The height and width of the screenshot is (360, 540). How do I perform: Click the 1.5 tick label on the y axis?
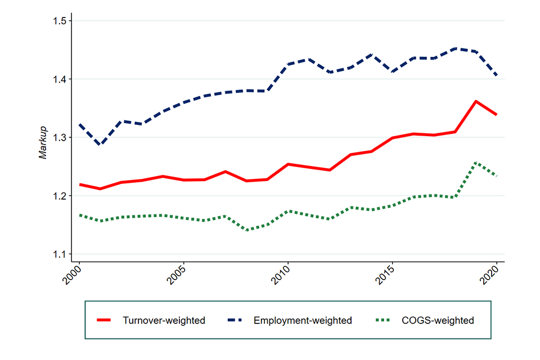(59, 21)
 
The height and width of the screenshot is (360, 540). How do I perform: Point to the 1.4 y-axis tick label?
(59, 79)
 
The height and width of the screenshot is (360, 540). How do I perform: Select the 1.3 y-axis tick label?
(59, 138)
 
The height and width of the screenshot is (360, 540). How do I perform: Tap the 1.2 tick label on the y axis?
(59, 196)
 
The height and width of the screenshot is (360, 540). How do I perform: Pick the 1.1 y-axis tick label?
(59, 254)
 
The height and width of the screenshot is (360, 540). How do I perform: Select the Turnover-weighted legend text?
(164, 321)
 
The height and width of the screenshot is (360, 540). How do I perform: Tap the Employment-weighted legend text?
(303, 321)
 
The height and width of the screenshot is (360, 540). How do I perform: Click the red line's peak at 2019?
(476, 101)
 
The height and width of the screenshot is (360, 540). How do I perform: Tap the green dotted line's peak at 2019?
(476, 162)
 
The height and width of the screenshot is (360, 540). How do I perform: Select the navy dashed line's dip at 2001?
(100, 145)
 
